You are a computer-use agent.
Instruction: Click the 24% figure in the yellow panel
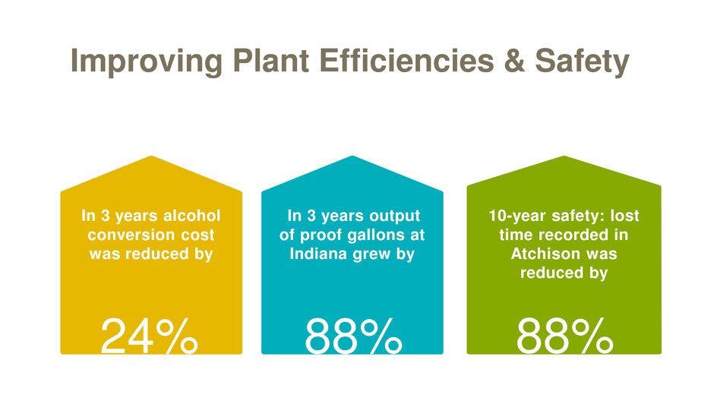[x=150, y=336]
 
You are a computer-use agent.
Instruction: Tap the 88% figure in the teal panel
[x=353, y=336]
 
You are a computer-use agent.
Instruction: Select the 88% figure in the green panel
[x=564, y=336]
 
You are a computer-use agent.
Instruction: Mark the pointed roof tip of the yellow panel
[x=151, y=157]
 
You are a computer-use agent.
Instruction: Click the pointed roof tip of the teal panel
[x=352, y=157]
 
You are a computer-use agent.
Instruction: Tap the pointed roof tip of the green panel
[x=564, y=157]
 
